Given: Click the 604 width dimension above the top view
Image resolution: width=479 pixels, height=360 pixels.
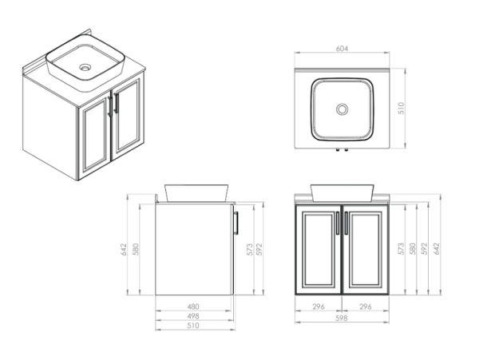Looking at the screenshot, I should (x=342, y=49).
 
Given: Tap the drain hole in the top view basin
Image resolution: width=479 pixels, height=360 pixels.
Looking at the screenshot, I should (x=342, y=109).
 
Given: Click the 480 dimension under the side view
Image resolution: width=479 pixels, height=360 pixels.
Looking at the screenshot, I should (x=193, y=306).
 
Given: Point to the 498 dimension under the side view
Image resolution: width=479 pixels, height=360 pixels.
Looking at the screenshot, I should (x=193, y=316).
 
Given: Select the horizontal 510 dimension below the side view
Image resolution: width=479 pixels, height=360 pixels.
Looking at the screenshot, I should (x=193, y=326).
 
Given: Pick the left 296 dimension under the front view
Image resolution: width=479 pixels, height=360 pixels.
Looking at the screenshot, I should (x=319, y=306).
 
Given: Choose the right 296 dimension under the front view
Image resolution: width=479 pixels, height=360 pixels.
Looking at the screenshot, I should (x=365, y=306).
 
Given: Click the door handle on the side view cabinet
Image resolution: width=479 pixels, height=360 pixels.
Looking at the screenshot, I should (x=236, y=224).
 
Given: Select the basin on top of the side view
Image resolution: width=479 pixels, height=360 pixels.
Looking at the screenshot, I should (x=196, y=192).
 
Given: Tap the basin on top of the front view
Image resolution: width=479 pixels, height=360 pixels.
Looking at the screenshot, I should (x=342, y=192).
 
